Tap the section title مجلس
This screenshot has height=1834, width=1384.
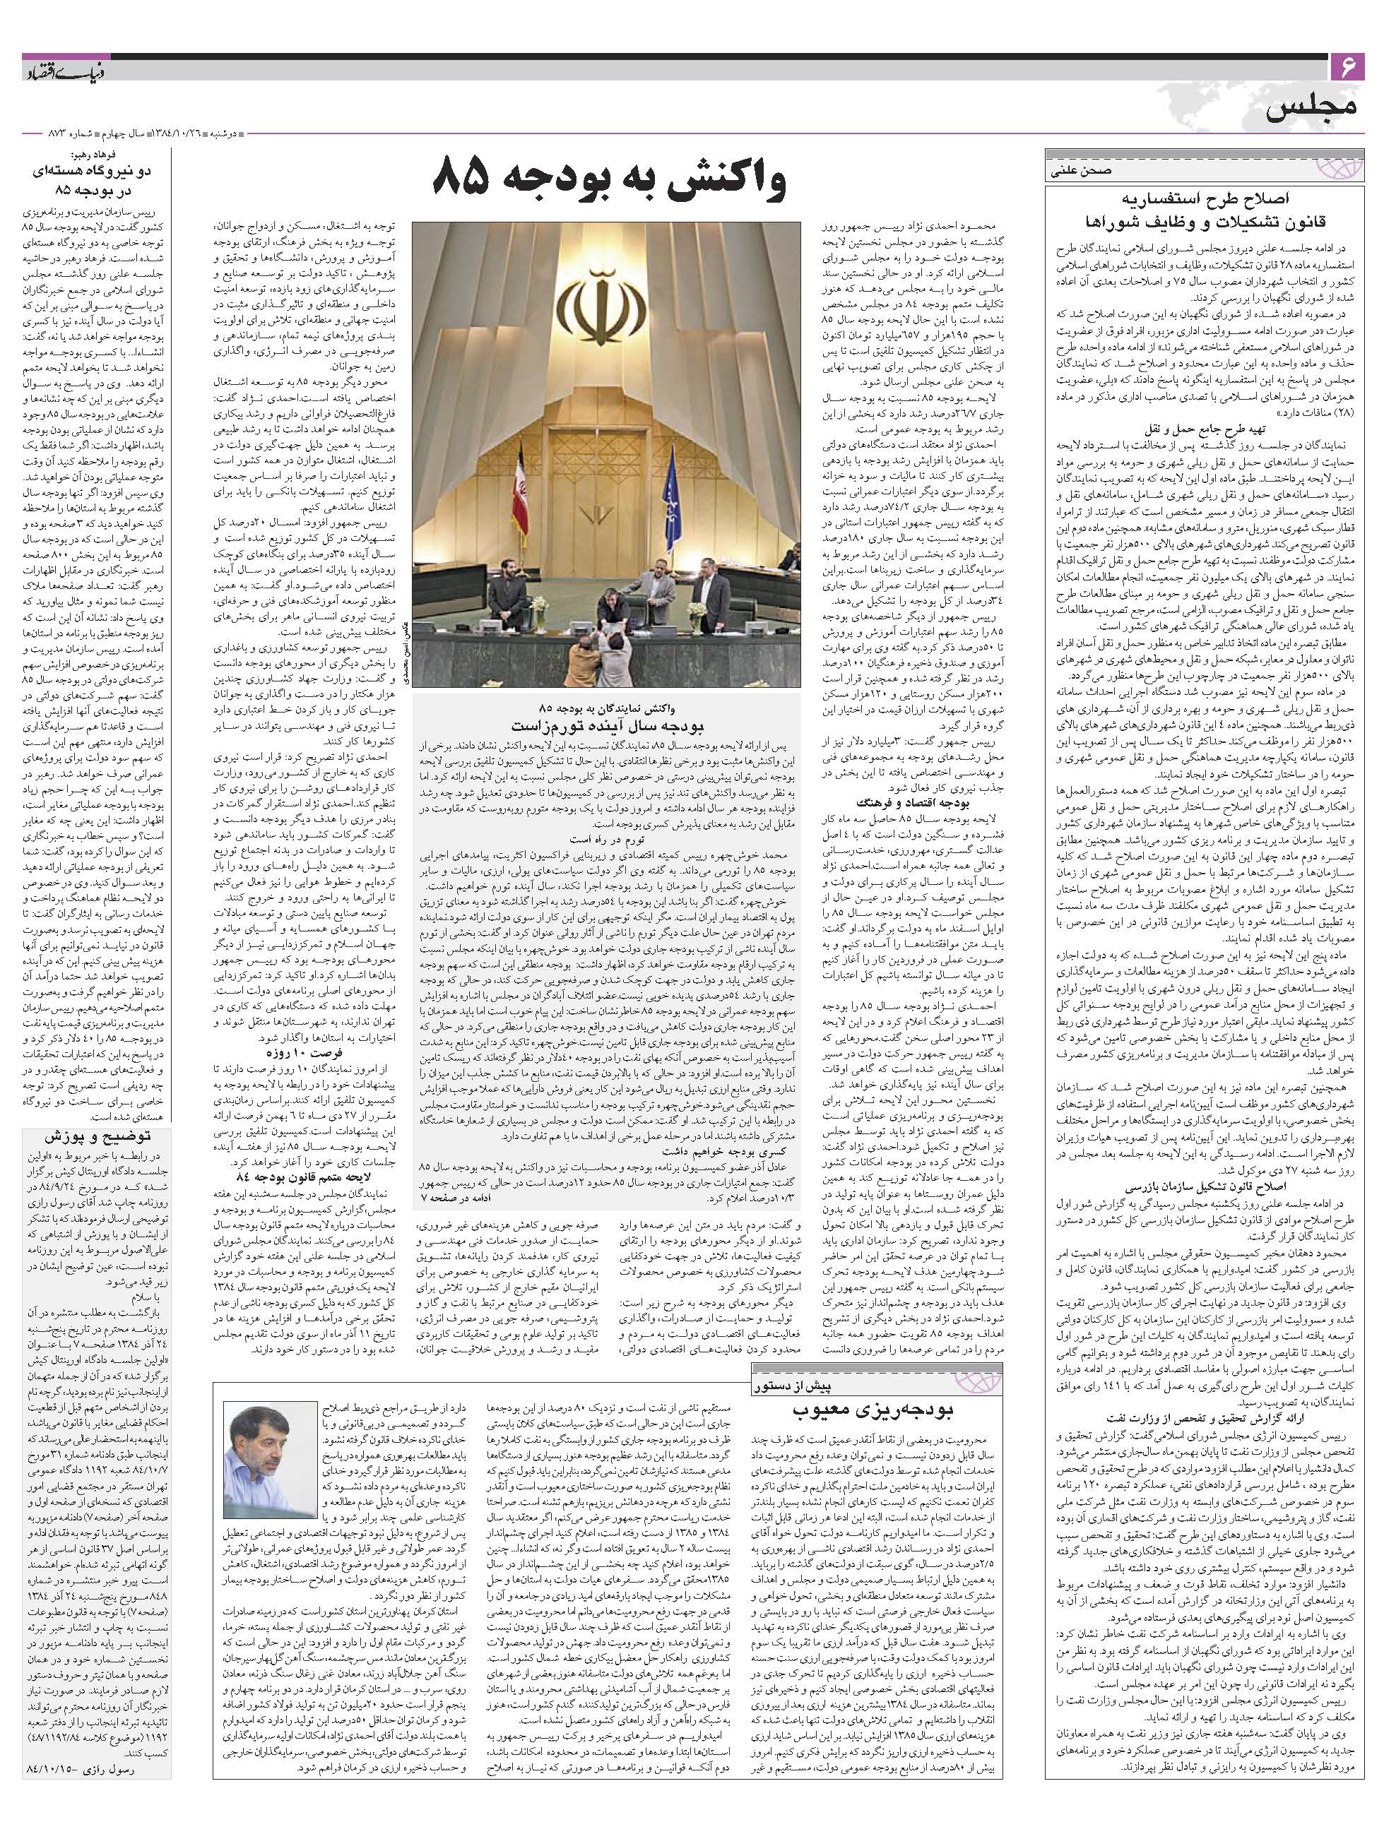[x=1312, y=108]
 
